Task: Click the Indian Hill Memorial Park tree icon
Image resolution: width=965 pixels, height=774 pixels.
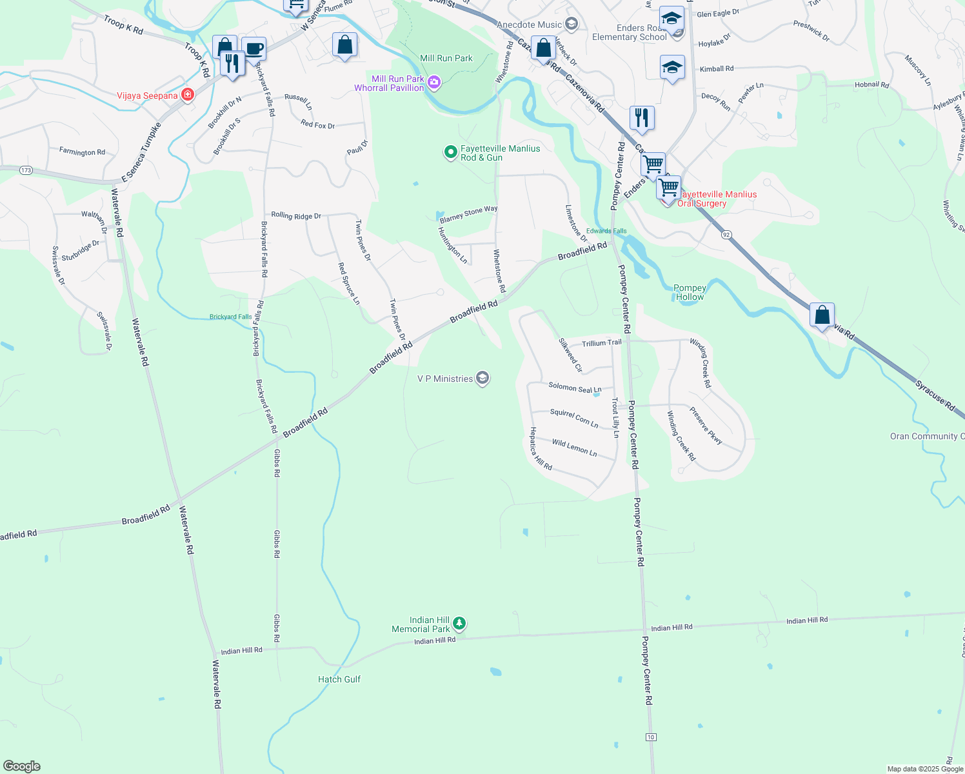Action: (459, 624)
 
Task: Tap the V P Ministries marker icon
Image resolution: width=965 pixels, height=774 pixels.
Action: (482, 379)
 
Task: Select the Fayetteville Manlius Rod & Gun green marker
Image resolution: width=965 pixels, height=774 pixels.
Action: (450, 153)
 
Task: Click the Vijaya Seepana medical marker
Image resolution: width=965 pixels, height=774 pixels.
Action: (187, 95)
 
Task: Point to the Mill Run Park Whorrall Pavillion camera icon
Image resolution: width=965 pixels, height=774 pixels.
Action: (434, 82)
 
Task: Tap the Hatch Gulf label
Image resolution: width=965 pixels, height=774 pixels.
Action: (339, 679)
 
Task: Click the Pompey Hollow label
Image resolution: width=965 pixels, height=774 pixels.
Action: (690, 293)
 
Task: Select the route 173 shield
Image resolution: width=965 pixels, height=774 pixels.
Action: (26, 170)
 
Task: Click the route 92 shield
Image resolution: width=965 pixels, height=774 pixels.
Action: (726, 235)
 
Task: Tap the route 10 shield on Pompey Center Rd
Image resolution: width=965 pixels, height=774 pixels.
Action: (651, 737)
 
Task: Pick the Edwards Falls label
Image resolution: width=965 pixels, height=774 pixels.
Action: (606, 231)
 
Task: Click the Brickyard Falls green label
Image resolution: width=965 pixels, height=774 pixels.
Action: (230, 317)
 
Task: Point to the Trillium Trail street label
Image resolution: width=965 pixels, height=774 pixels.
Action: (601, 343)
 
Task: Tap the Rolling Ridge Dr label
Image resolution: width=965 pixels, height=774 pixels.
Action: (296, 215)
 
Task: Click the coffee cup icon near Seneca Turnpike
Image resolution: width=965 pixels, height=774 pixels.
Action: (254, 48)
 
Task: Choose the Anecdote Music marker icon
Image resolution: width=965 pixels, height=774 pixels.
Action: (571, 25)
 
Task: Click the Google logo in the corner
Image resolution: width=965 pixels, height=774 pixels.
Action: (22, 766)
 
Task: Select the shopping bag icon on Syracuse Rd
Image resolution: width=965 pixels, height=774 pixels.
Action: (822, 315)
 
